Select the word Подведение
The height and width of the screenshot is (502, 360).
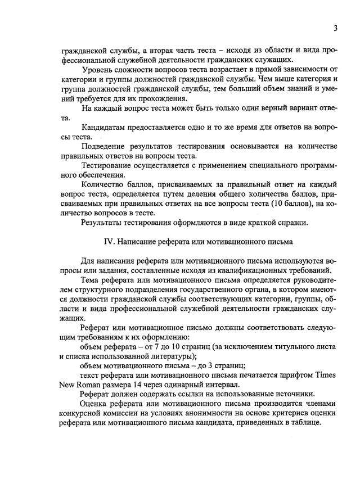107,147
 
